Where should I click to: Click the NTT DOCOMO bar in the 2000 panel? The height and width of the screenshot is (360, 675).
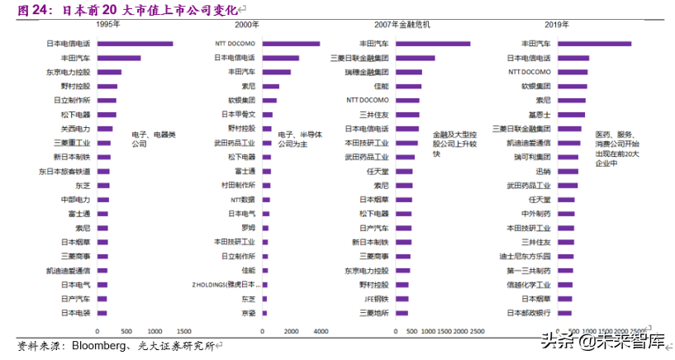point(291,43)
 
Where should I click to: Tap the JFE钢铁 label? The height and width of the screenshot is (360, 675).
point(376,299)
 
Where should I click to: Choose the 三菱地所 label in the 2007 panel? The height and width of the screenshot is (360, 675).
point(373,313)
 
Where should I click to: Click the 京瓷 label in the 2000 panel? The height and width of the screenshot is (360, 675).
point(248,313)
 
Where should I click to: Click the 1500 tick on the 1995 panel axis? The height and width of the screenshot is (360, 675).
point(183,331)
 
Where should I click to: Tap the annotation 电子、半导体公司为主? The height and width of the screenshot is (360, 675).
point(296,138)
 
